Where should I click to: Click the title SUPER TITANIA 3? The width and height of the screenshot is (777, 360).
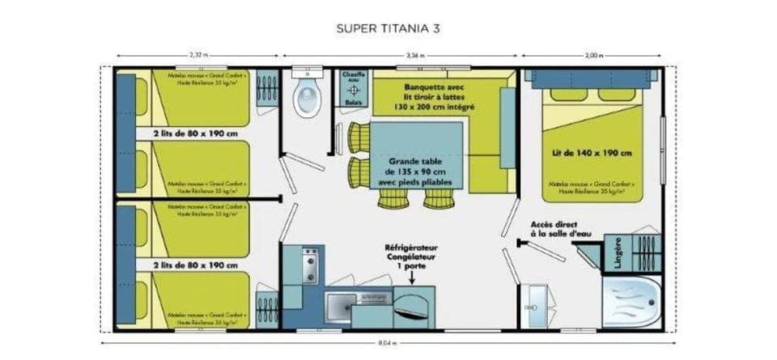pyautogui.click(x=388, y=28)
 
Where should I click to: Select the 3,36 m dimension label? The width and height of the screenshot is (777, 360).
pyautogui.click(x=414, y=55)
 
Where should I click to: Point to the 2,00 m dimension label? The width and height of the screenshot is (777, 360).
pyautogui.click(x=594, y=55)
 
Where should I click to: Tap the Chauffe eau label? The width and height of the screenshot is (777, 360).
pyautogui.click(x=353, y=77)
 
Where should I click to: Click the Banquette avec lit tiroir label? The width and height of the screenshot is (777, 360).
pyautogui.click(x=438, y=95)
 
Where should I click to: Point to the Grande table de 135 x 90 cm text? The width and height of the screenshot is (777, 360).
pyautogui.click(x=417, y=172)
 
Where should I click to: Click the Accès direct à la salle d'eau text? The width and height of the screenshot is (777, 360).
pyautogui.click(x=559, y=229)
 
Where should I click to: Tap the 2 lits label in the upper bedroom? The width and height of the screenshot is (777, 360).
pyautogui.click(x=194, y=133)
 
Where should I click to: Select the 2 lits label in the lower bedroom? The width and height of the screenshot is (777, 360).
pyautogui.click(x=194, y=265)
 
